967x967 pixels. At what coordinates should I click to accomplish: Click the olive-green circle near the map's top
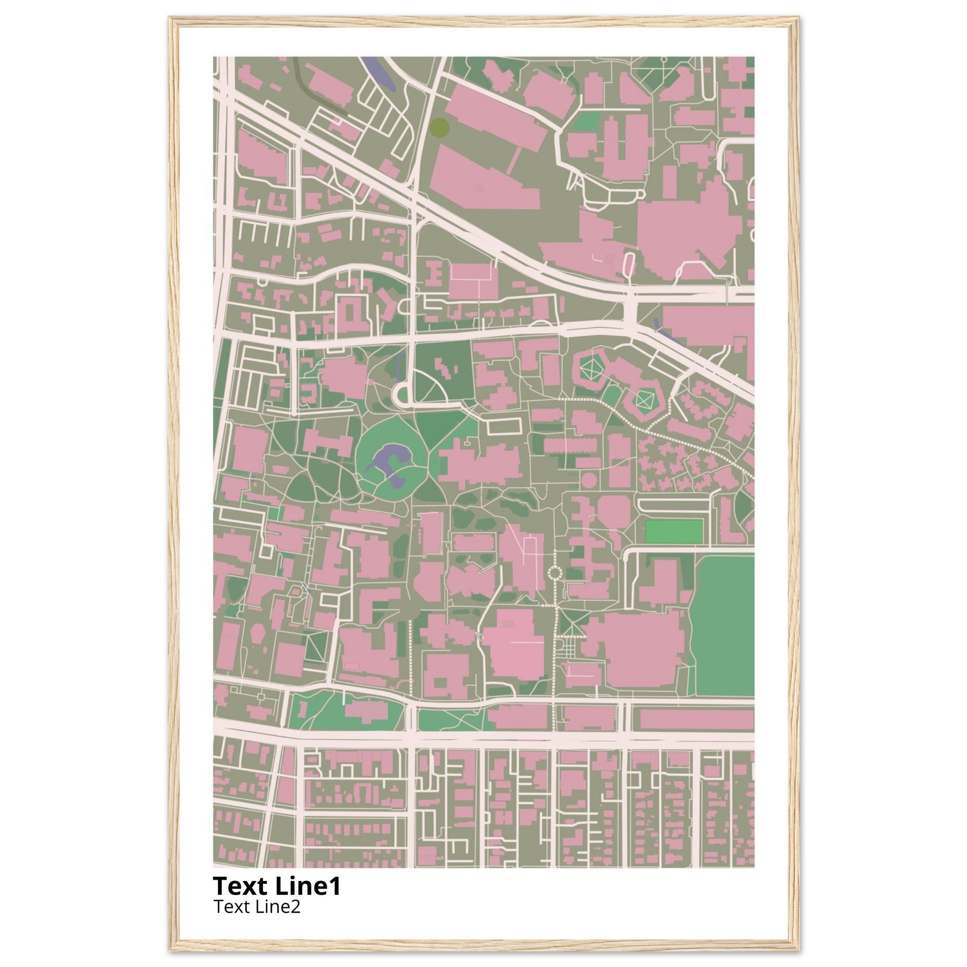[x=440, y=127]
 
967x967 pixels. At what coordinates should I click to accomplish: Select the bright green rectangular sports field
[x=674, y=532]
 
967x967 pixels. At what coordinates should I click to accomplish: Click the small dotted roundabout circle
[x=555, y=572]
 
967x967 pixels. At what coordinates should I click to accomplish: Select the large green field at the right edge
[x=724, y=626]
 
